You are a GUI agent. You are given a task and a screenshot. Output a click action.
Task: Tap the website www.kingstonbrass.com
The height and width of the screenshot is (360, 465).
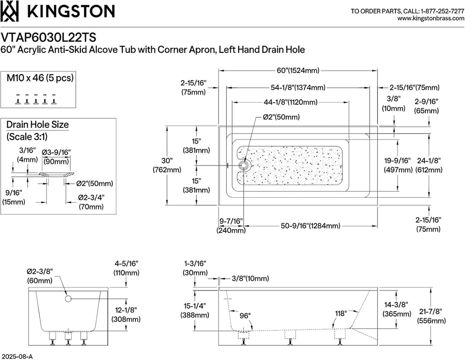(x=430, y=19)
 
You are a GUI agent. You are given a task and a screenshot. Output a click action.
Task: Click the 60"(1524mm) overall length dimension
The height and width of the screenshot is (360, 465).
(x=298, y=70)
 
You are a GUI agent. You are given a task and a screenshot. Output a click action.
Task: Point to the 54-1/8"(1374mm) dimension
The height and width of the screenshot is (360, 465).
(x=298, y=87)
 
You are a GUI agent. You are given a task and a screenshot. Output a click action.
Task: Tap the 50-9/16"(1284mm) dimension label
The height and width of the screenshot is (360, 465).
(x=311, y=225)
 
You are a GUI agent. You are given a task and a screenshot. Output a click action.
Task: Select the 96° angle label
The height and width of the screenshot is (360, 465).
(x=246, y=315)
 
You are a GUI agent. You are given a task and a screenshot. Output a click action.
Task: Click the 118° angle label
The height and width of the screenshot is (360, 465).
(x=341, y=313)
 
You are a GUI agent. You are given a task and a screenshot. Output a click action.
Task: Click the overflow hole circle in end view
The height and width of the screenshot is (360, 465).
(x=68, y=299)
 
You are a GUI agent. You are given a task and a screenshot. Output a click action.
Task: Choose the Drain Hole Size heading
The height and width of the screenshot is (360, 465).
(x=37, y=125)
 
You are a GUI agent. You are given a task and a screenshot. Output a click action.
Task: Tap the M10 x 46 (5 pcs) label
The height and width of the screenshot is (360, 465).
(x=40, y=78)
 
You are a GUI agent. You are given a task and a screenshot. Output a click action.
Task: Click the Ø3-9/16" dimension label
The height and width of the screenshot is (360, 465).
(x=56, y=152)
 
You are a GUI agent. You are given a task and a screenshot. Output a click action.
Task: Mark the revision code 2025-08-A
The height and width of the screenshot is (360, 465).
(x=17, y=356)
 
